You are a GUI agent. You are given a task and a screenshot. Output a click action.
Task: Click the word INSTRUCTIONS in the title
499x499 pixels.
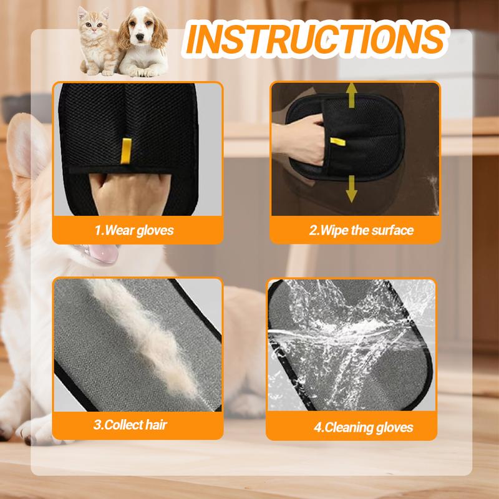click(316, 39)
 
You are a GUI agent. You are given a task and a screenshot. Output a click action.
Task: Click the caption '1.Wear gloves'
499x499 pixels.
click(134, 230)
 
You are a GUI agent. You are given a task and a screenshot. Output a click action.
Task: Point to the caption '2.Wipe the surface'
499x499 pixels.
click(361, 230)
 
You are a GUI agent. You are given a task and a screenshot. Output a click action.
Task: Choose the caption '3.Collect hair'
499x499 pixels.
click(130, 425)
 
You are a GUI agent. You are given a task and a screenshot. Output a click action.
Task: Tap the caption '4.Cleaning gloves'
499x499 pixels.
click(364, 427)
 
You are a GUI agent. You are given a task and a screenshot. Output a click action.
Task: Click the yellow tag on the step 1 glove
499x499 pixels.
click(126, 151)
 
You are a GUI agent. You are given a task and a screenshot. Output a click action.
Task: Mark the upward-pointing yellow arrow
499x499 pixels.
click(351, 95)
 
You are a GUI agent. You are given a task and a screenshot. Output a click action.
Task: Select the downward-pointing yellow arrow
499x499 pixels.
click(351, 189)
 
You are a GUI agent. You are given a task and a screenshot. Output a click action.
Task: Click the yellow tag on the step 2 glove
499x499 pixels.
click(337, 142)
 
